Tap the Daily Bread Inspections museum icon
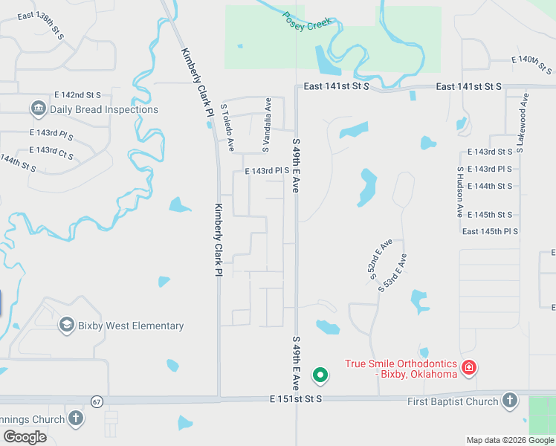pyautogui.click(x=38, y=109)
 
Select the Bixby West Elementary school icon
pyautogui.click(x=66, y=325)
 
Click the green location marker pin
pyautogui.click(x=320, y=375)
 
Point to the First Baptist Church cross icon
pyautogui.click(x=509, y=401)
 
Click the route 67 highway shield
pyautogui.click(x=97, y=401)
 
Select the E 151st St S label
pyautogui.click(x=296, y=399)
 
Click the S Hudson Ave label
pyautogui.click(x=460, y=192)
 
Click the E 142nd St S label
pyautogui.click(x=77, y=95)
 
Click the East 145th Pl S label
pyautogui.click(x=490, y=232)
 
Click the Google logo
pyautogui.click(x=24, y=437)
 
